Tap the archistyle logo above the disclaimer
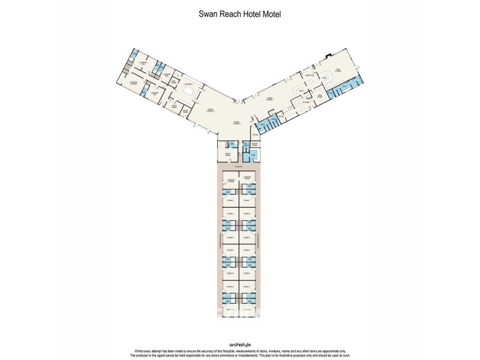pyautogui.click(x=239, y=344)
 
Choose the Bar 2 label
pyautogui.click(x=301, y=90)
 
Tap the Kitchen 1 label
pyautogui.click(x=306, y=103)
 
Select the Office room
pyautogui.click(x=255, y=136)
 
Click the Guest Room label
pyautogui.click(x=227, y=154)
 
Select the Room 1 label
pyautogui.click(x=248, y=200)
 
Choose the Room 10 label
pyautogui.click(x=231, y=274)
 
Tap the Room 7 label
pyautogui.click(x=248, y=250)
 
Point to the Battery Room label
pyautogui.click(x=254, y=146)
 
